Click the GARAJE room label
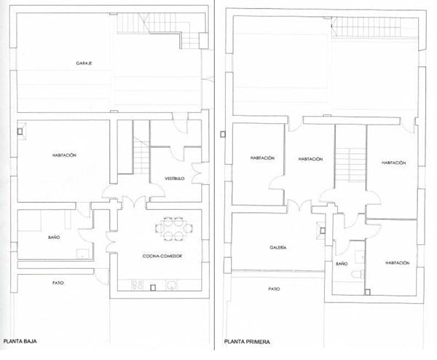click(84, 63)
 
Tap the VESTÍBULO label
click(175, 179)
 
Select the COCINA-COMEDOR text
click(162, 256)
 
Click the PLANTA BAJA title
click(20, 341)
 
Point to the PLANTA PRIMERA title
click(247, 342)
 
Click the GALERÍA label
click(278, 248)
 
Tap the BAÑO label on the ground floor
click(54, 238)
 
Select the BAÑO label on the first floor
click(342, 264)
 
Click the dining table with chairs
click(174, 229)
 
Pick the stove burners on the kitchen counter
click(137, 284)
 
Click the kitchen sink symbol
click(172, 285)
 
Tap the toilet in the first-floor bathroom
click(358, 275)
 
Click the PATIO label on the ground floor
click(58, 283)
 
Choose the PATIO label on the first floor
click(274, 289)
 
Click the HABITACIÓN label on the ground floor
click(64, 155)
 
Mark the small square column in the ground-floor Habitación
click(20, 131)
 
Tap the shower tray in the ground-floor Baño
click(83, 254)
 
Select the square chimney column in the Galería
click(323, 230)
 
